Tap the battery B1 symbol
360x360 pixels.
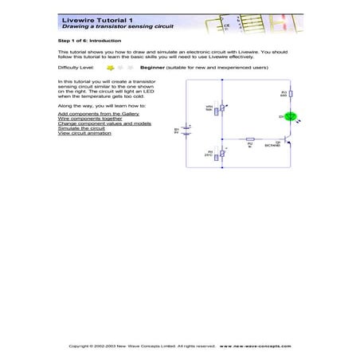(187, 130)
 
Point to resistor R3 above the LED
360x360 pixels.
(291, 97)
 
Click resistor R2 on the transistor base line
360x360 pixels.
(250, 139)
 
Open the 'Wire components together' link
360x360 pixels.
(85, 119)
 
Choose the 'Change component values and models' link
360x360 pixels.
(100, 123)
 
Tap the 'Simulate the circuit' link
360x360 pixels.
(81, 128)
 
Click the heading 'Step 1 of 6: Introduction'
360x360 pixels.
(87, 38)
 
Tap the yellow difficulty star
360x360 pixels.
(110, 68)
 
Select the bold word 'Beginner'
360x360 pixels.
(151, 68)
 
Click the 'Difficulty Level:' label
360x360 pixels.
(76, 68)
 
